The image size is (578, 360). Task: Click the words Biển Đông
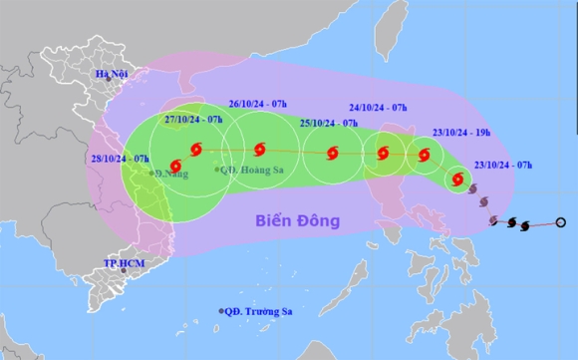[295, 219]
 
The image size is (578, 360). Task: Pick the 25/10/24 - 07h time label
[328, 124]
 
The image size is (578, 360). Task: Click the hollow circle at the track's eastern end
[560, 222]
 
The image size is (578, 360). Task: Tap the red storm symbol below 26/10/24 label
[259, 150]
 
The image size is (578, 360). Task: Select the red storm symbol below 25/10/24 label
[331, 154]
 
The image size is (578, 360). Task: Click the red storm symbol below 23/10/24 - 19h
[425, 155]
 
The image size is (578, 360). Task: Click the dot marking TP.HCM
[124, 270]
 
